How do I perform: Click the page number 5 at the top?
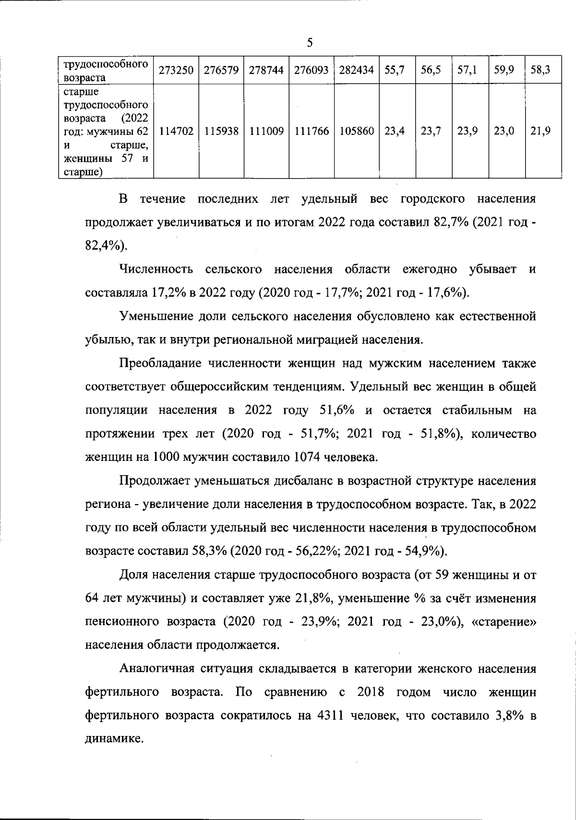pos(310,43)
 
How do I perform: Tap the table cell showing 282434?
pos(356,70)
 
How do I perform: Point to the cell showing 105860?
pos(356,131)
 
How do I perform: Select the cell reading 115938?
pos(221,131)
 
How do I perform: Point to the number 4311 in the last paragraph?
pos(330,716)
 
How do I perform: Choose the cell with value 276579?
pos(221,70)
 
